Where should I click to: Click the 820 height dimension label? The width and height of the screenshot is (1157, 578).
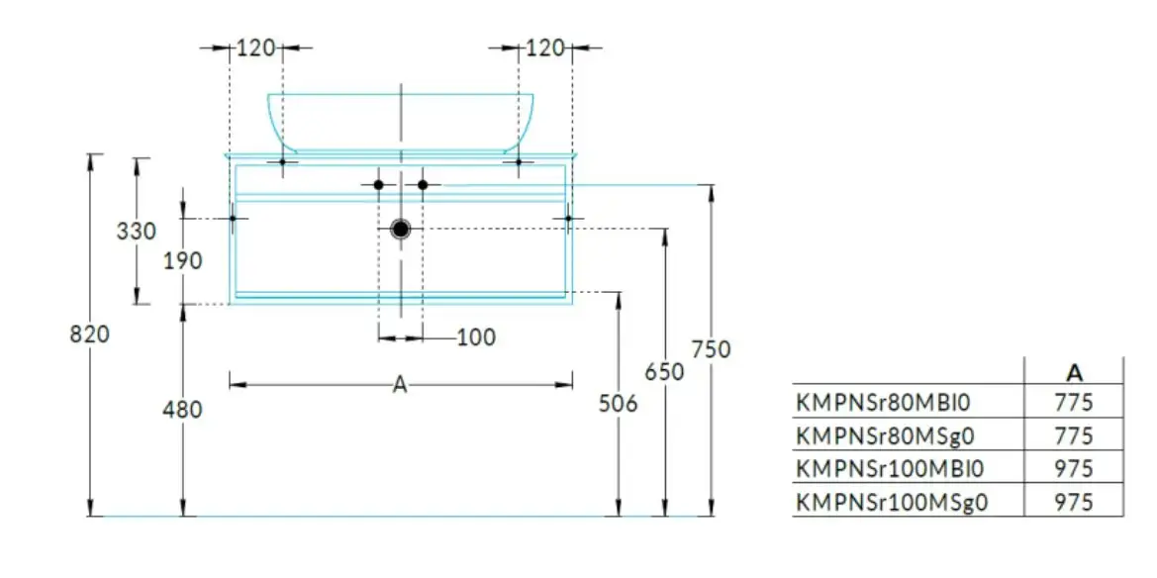pos(89,335)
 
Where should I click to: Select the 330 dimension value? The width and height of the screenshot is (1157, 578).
pos(137,231)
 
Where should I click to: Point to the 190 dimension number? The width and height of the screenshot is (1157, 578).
pos(182,260)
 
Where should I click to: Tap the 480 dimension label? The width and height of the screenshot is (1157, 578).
pos(182,410)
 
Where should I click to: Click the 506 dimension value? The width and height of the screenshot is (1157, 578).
pos(619,404)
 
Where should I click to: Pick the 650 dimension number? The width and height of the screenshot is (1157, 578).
pos(665,371)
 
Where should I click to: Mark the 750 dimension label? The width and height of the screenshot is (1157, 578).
pos(711,349)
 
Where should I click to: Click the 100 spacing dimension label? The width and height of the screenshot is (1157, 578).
pos(477,338)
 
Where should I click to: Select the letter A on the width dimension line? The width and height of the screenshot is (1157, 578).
pos(400,385)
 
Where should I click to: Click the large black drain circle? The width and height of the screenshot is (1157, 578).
pos(401,229)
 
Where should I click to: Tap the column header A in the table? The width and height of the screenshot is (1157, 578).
pos(1075,373)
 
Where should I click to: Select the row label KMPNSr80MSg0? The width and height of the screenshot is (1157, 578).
pos(886,436)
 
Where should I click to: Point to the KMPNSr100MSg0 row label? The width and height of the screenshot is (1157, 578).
pos(892,502)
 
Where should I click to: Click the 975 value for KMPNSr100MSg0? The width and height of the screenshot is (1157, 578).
pos(1074,502)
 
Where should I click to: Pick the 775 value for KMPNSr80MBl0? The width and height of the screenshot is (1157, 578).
pos(1074,403)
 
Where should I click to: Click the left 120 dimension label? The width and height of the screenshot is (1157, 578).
pos(255,48)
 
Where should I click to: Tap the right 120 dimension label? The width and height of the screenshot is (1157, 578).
pos(544,48)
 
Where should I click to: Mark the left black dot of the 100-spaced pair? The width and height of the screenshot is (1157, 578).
pos(378,184)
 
